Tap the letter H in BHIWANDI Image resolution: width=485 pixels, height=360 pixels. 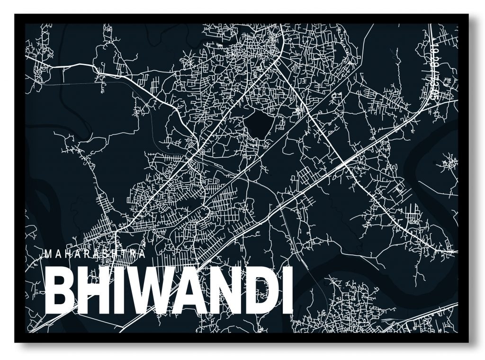click(93, 291)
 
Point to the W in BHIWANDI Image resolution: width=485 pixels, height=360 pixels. click(145, 291)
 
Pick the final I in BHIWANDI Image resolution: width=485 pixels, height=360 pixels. click(286, 291)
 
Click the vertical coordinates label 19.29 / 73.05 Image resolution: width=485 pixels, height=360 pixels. click(433, 69)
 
